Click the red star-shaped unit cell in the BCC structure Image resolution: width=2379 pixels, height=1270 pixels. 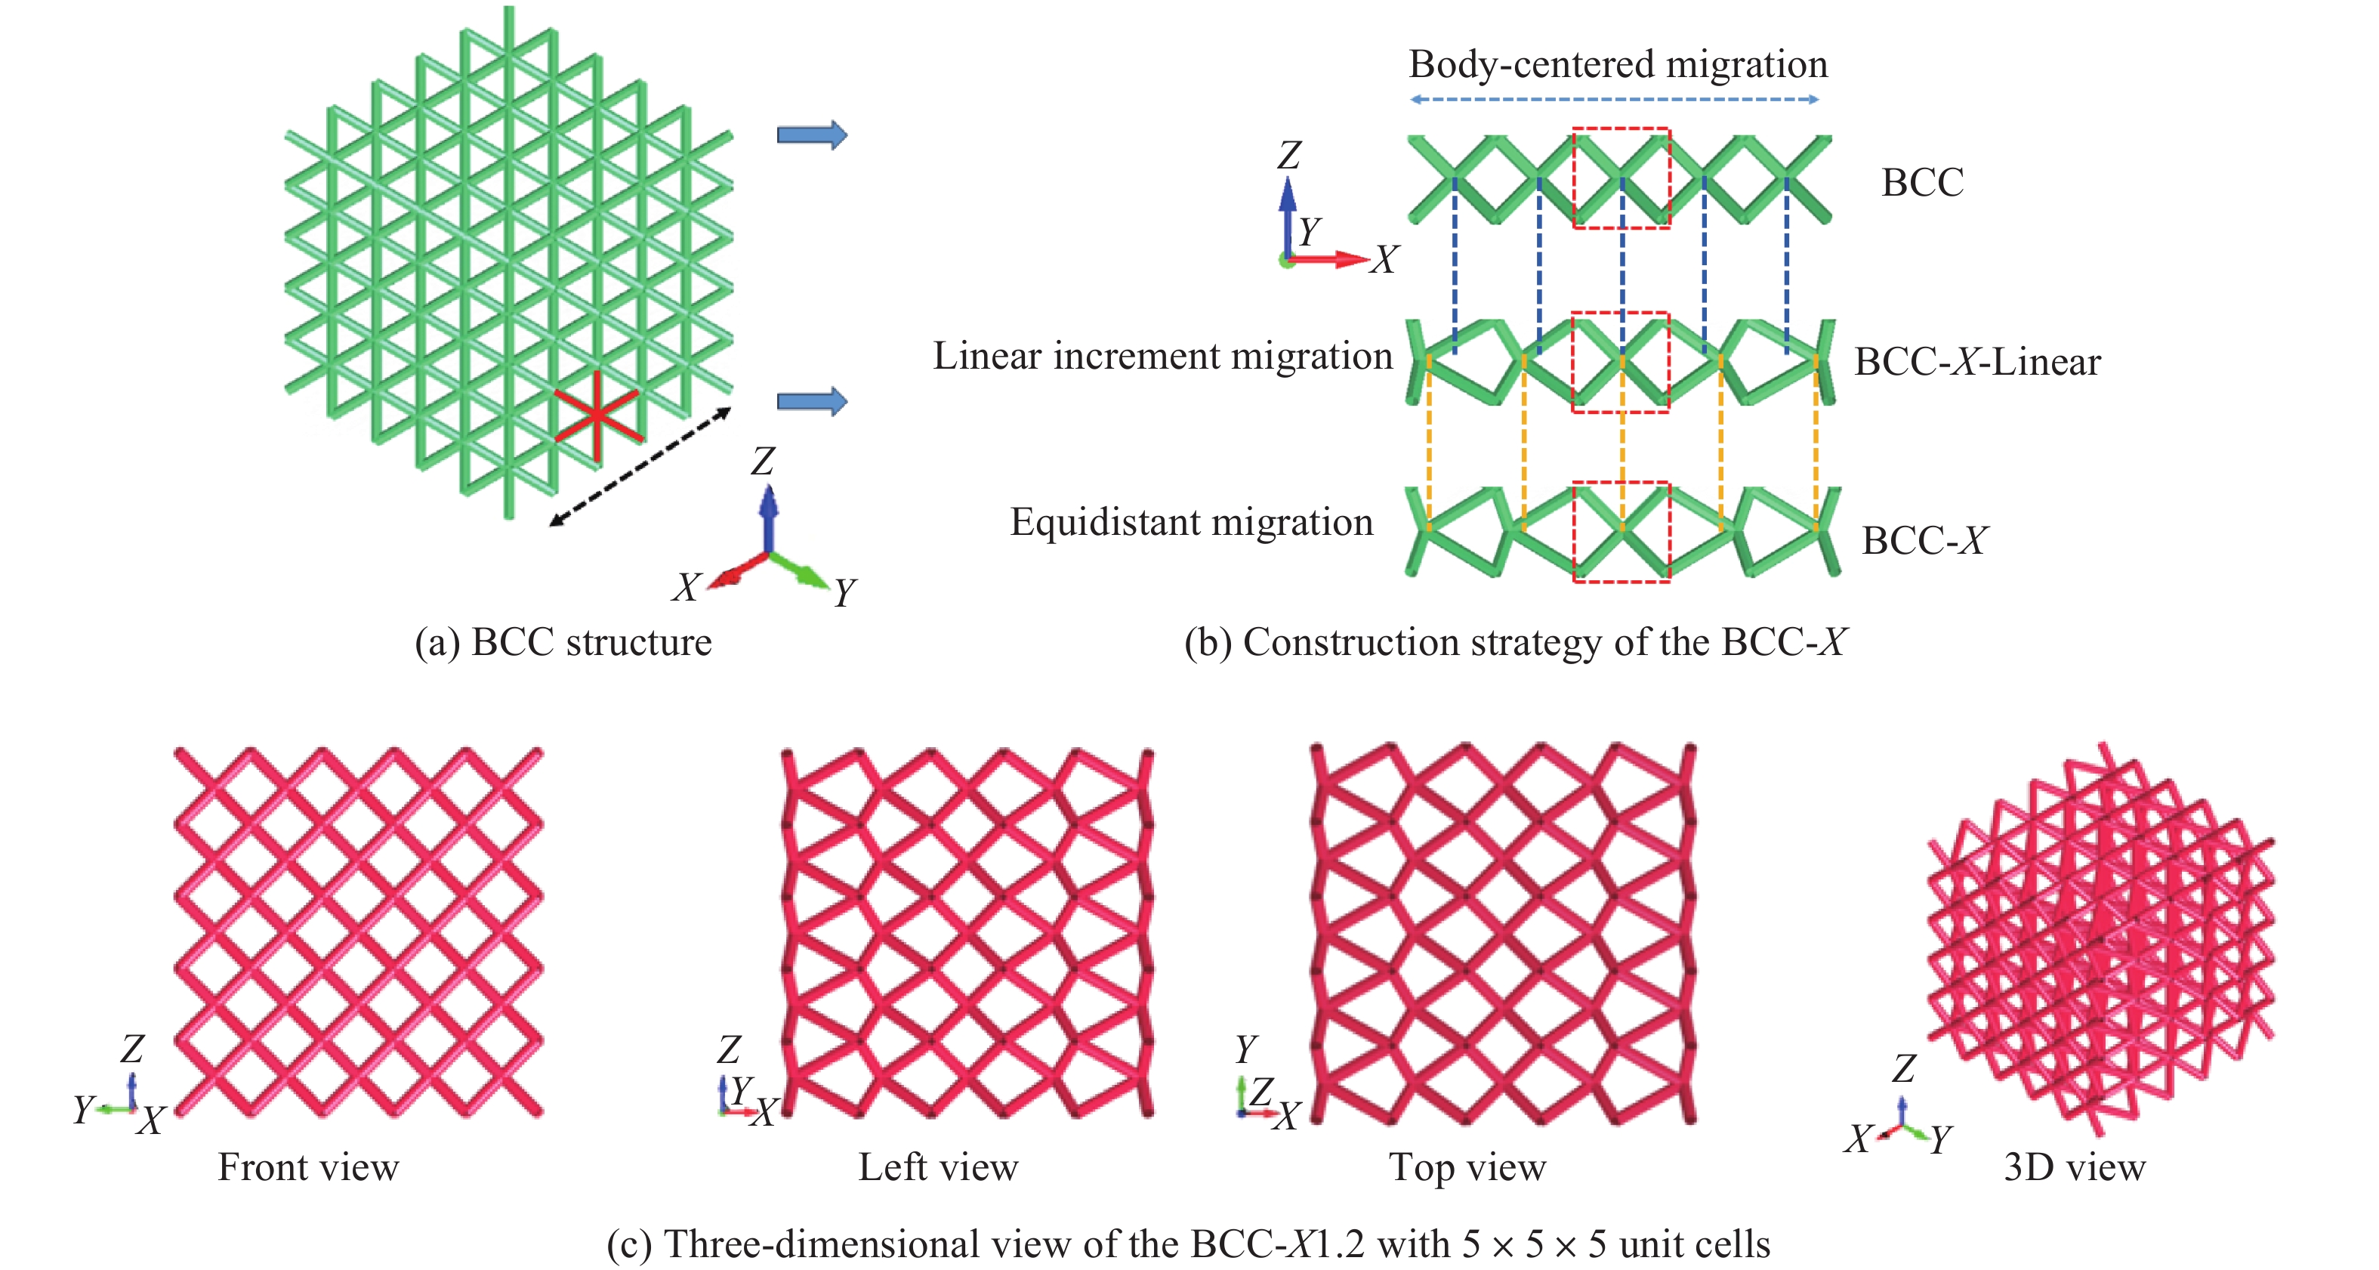coord(597,416)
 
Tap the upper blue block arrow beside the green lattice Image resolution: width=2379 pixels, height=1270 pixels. coord(812,134)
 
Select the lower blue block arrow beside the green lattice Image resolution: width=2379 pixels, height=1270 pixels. coord(812,401)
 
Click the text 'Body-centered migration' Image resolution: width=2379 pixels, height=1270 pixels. coord(1618,65)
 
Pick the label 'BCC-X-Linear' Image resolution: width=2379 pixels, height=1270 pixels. coord(1977,362)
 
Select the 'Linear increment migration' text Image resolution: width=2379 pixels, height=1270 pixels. coord(1162,357)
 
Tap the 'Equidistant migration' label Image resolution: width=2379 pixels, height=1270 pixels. coord(1191,523)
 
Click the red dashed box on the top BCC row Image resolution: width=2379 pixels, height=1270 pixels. coord(1621,129)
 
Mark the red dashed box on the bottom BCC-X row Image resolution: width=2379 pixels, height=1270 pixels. coord(1621,483)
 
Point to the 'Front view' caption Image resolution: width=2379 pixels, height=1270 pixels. coord(308,1167)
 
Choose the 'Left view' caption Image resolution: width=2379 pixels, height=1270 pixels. coord(937,1167)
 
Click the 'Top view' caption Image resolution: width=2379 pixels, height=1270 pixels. coord(1467,1167)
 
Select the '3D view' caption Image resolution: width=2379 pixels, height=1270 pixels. coord(2074,1167)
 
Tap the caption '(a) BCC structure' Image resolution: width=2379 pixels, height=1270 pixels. coord(563,643)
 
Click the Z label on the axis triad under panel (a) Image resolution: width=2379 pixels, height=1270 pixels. coord(763,461)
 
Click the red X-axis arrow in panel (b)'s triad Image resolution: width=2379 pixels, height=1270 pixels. coord(1330,260)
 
